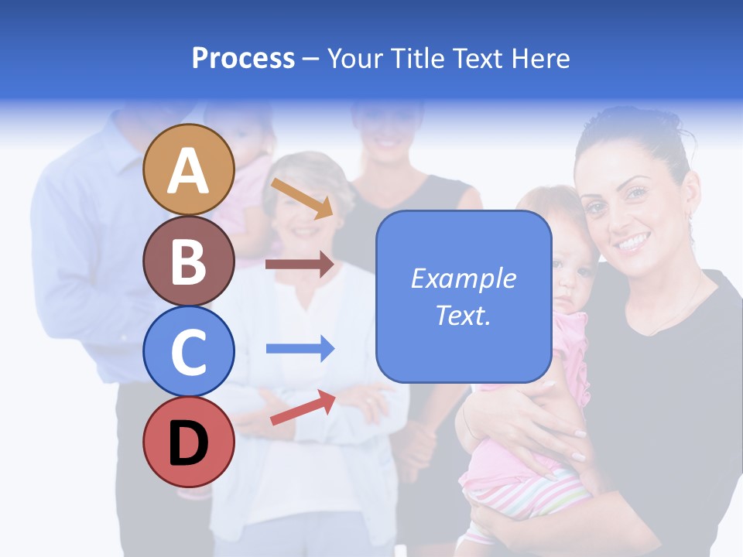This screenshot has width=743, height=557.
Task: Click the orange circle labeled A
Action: pos(188,169)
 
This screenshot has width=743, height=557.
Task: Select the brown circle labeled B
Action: pos(188,261)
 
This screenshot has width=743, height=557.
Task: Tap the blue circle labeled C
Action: pos(188,351)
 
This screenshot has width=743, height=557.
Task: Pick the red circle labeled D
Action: pos(188,442)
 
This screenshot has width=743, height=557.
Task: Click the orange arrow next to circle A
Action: pos(302,198)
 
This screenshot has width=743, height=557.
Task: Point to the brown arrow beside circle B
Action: pos(300,265)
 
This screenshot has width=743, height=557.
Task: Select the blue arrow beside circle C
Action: pos(300,348)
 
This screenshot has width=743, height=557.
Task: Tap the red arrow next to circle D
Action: pos(303,408)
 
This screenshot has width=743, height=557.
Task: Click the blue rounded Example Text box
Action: pos(464,297)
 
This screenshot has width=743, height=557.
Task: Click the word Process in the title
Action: pos(243,59)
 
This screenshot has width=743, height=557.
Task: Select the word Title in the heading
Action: pos(416,59)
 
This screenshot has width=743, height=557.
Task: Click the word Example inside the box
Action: pos(464,278)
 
